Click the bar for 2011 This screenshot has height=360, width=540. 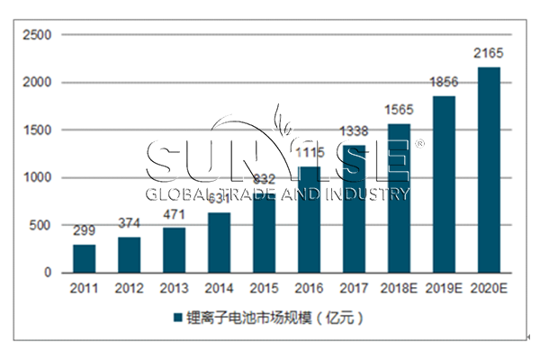84,258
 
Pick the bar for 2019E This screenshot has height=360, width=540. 444,184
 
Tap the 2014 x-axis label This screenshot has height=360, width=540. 219,288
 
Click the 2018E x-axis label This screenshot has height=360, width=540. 399,288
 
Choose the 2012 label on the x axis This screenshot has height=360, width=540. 129,288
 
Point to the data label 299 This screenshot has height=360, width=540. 84,231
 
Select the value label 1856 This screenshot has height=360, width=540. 445,83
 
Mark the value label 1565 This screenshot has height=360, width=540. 400,111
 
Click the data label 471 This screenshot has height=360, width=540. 174,215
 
